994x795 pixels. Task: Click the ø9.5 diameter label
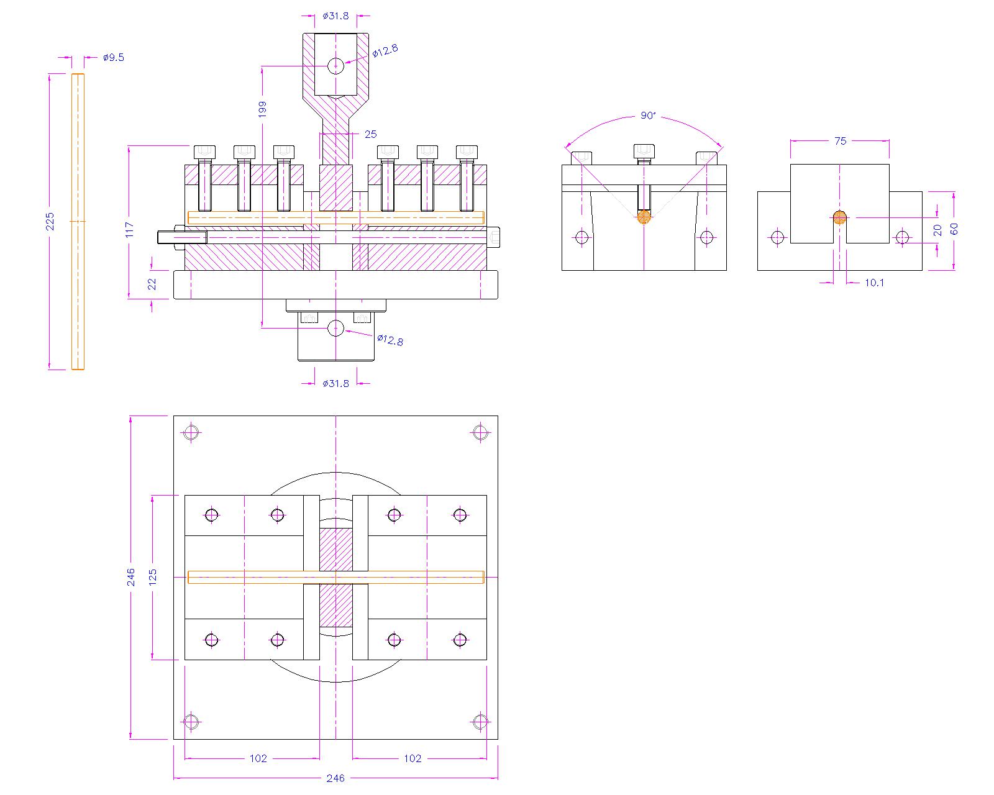(x=113, y=57)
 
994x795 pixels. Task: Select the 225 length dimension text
(x=51, y=221)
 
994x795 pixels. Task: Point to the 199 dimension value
(x=262, y=109)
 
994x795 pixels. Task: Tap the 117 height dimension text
(x=129, y=230)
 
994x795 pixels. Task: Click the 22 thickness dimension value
(x=152, y=284)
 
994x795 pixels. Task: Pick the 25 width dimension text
(x=370, y=134)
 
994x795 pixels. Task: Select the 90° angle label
(x=648, y=116)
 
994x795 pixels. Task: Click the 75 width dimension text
(x=840, y=141)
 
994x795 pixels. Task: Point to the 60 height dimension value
(x=954, y=229)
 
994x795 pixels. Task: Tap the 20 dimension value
(x=938, y=230)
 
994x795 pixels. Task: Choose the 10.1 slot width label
(x=874, y=283)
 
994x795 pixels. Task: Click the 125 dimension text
(x=153, y=576)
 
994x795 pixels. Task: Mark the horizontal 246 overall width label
(x=335, y=778)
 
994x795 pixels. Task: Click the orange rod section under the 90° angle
(x=644, y=217)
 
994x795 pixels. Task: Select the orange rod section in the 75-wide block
(x=839, y=217)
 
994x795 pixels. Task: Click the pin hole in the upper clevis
(x=335, y=65)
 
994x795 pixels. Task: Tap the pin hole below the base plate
(x=335, y=328)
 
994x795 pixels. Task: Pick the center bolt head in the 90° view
(x=644, y=152)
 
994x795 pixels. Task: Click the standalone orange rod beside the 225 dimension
(x=78, y=221)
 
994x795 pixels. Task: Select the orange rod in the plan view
(x=335, y=577)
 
